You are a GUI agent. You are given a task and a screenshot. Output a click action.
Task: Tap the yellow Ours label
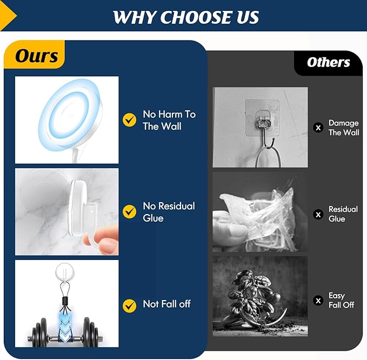[35, 55]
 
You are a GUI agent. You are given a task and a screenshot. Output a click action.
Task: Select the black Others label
[328, 63]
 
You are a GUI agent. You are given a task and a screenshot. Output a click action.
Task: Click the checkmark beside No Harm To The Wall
[129, 120]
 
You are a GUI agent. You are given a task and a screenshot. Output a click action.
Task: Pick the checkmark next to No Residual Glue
[129, 212]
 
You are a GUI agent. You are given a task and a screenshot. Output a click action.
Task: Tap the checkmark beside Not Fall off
[129, 306]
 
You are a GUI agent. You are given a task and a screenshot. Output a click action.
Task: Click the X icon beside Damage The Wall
[318, 128]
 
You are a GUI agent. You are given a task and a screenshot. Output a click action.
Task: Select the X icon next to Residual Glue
[318, 215]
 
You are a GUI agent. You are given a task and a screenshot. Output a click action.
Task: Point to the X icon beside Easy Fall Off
[318, 301]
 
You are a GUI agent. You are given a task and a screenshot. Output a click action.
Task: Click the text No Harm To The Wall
[169, 121]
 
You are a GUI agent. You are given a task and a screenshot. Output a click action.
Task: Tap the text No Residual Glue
[169, 212]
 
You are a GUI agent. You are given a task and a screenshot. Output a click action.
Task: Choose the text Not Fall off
[166, 304]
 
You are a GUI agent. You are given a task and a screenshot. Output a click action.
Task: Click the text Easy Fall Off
[341, 301]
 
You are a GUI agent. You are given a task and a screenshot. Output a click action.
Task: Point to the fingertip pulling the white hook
[108, 242]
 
